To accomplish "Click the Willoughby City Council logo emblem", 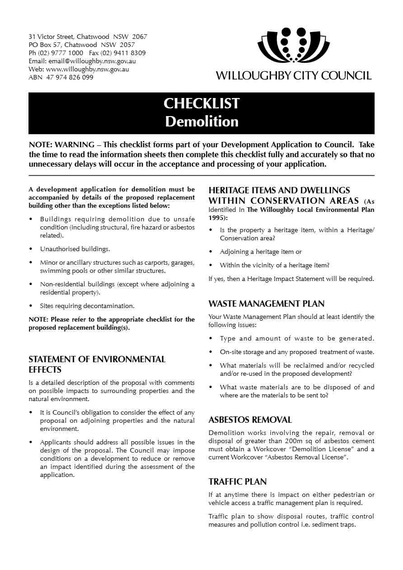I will pos(293,45).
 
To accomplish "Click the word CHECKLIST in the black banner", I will pos(201,103).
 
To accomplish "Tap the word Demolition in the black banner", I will pos(201,121).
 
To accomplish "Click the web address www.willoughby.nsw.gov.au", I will pos(87,69).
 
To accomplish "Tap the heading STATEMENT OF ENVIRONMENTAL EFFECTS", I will pos(97,364).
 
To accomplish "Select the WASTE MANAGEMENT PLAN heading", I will pos(267,304).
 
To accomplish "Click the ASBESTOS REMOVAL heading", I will pos(250,420).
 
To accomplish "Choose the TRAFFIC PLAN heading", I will pos(238,481).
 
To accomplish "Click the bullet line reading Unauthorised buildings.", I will pos(75,249).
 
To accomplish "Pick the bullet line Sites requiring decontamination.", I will pos(87,306).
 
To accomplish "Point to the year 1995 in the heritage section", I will pos(216,217).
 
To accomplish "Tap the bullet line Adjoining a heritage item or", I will pos(261,252).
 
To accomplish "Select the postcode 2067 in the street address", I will pos(140,37).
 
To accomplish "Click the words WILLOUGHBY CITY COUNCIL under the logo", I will pos(294,75).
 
